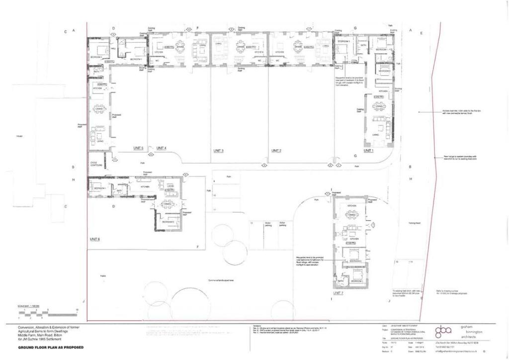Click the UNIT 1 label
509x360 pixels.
[x=368, y=150]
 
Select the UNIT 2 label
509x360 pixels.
[x=276, y=150]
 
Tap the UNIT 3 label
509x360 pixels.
[x=219, y=150]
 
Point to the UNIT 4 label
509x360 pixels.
[x=161, y=148]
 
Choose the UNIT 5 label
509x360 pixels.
[x=138, y=148]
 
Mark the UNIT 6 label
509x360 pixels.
[x=95, y=239]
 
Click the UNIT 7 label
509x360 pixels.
[x=339, y=293]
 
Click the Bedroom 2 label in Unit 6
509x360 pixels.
[x=169, y=222]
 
